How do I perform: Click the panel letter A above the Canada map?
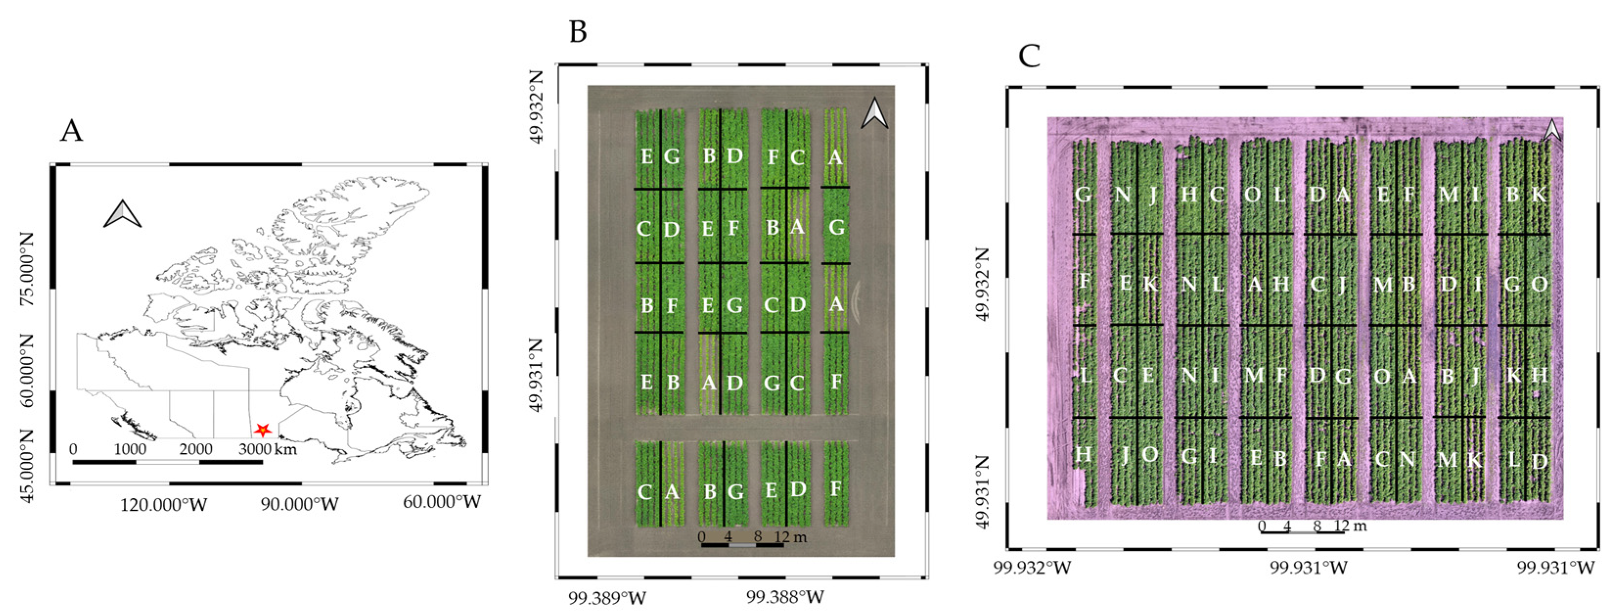[71, 131]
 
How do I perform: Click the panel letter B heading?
[578, 31]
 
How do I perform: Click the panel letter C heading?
[1029, 56]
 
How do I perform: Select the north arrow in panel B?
[875, 114]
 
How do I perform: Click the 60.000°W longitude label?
[442, 502]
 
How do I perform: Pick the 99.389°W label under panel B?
[606, 598]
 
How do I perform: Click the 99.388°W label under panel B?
[785, 596]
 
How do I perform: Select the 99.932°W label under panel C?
[1032, 568]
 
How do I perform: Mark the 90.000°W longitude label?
[300, 504]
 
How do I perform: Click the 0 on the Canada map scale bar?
[73, 449]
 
